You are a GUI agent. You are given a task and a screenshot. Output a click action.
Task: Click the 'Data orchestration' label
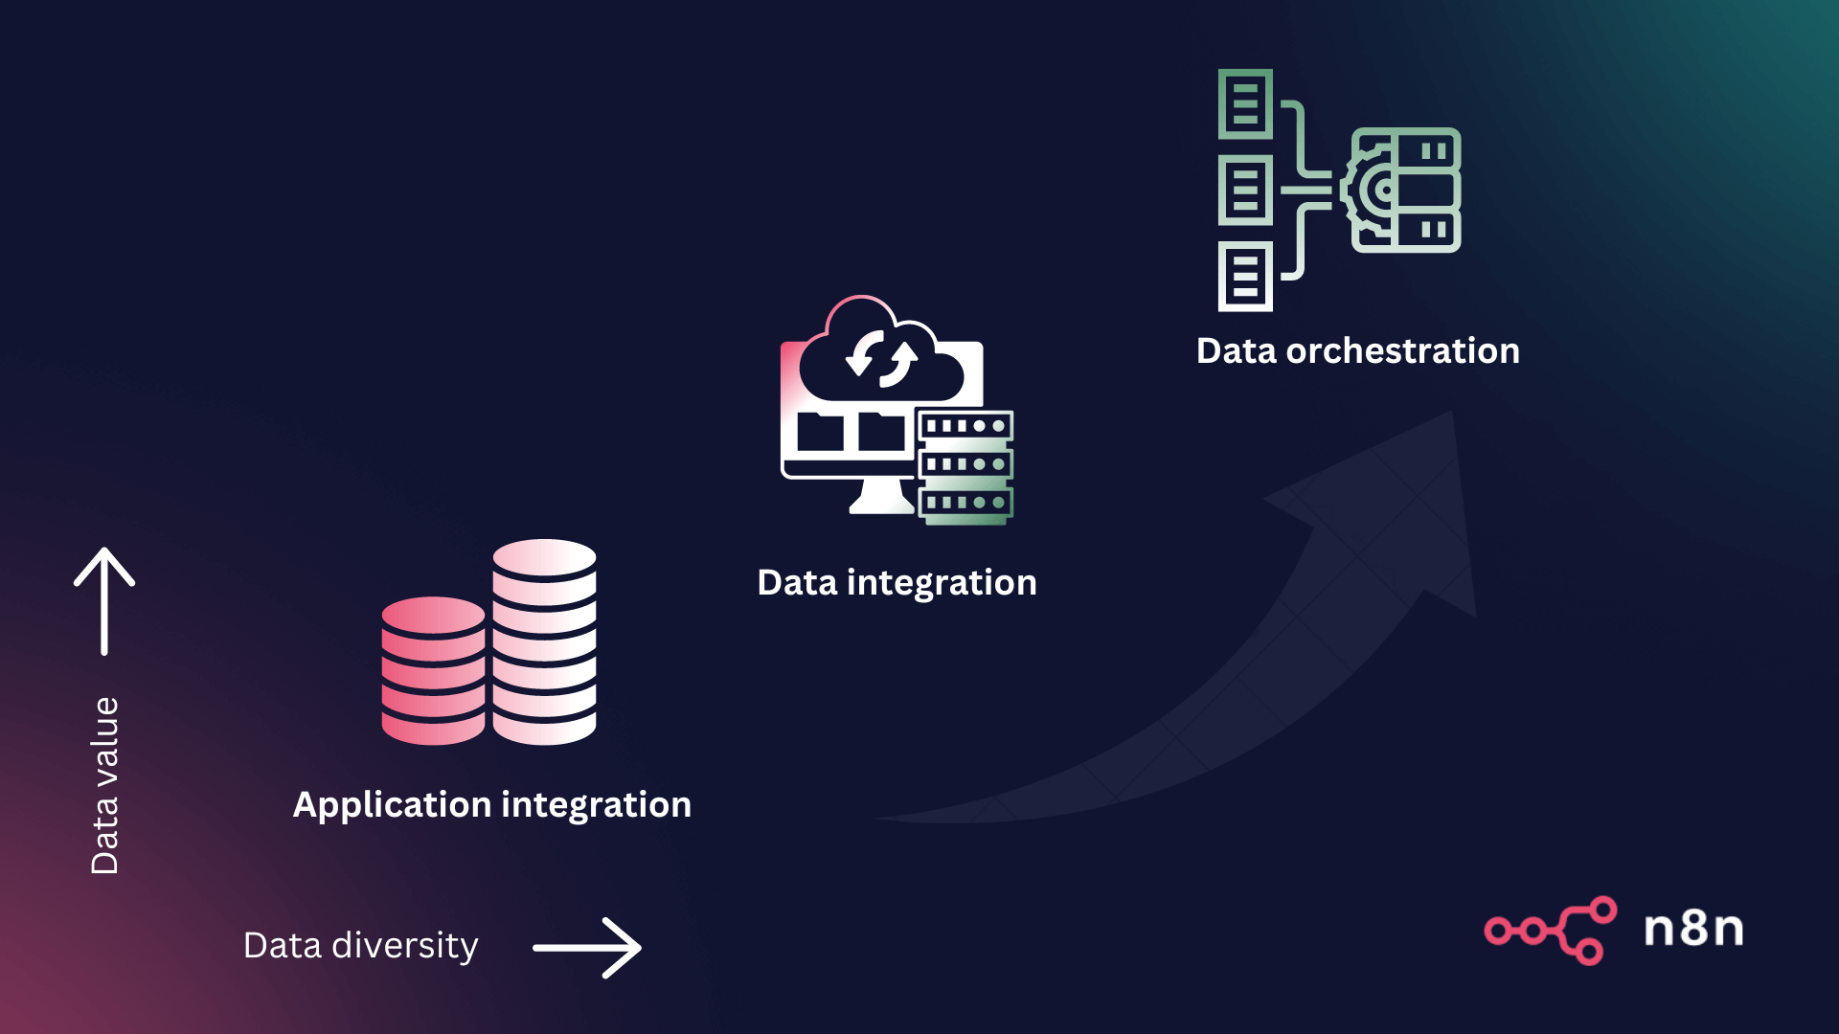tap(1357, 351)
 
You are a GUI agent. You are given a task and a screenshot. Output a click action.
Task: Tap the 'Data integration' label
tap(897, 583)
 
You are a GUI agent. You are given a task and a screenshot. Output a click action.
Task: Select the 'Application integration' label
tap(491, 805)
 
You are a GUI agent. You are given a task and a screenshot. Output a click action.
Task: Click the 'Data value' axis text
tap(104, 785)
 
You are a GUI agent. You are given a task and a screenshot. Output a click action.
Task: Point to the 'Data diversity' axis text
tap(360, 946)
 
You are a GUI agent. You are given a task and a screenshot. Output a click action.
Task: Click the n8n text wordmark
tap(1693, 929)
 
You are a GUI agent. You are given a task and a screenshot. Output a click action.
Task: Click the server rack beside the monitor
tap(965, 466)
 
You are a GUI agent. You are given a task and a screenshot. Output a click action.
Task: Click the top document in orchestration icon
tap(1245, 103)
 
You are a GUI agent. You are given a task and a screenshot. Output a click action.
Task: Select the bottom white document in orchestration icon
tap(1245, 277)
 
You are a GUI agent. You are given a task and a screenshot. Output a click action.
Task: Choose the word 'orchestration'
tap(1402, 351)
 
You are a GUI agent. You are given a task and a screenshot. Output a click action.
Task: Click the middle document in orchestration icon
tap(1245, 190)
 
